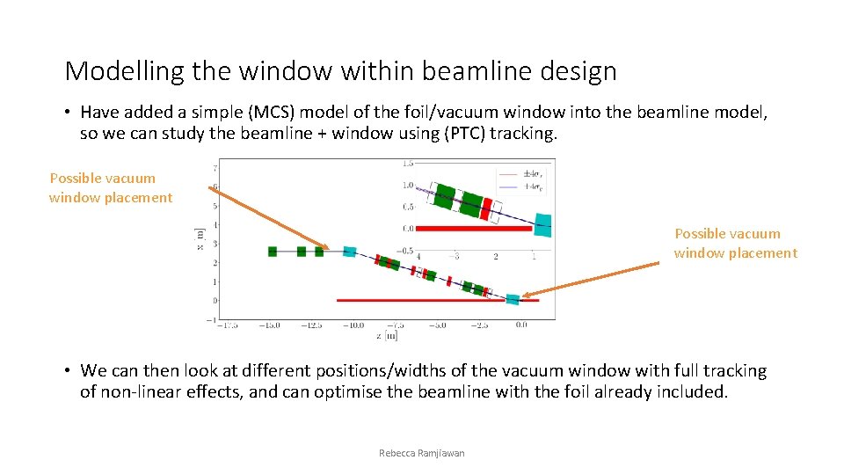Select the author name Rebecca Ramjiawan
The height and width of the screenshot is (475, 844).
(421, 453)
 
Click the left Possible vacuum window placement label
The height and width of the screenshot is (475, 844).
(111, 187)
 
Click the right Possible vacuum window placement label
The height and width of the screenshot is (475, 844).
(736, 243)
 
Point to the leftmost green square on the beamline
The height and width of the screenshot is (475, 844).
(273, 252)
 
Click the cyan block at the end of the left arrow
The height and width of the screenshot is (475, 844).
(349, 252)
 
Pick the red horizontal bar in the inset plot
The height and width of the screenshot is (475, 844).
(474, 229)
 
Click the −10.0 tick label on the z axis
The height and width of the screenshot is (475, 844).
(353, 325)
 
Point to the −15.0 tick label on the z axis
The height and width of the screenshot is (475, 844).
(269, 325)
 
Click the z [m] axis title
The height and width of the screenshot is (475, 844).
(387, 335)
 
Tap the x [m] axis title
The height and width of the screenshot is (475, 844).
(199, 237)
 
